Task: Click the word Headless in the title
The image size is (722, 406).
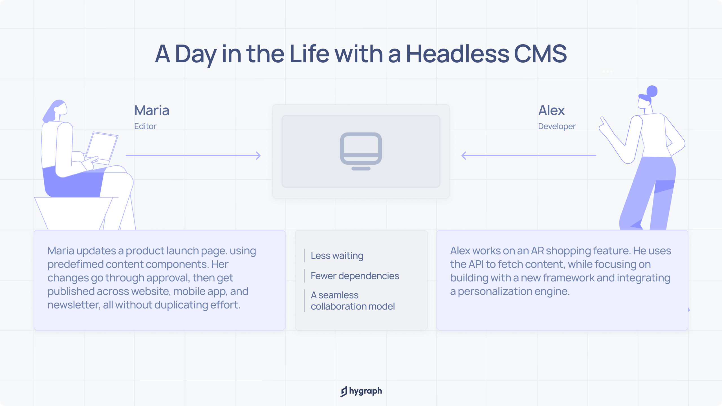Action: (x=458, y=54)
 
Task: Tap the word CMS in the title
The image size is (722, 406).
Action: (x=540, y=54)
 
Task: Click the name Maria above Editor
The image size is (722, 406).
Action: (x=152, y=110)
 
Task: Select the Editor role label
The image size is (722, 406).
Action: (x=145, y=126)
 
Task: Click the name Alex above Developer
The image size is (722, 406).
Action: (x=551, y=110)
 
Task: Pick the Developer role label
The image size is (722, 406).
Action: (x=557, y=126)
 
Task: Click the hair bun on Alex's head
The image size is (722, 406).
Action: (x=652, y=91)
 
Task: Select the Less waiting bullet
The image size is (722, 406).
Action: (x=337, y=255)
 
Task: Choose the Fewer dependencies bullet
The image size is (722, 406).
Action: (x=355, y=276)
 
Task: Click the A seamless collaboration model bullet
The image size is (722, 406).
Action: (x=353, y=301)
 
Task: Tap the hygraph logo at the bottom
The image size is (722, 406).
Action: (x=361, y=391)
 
